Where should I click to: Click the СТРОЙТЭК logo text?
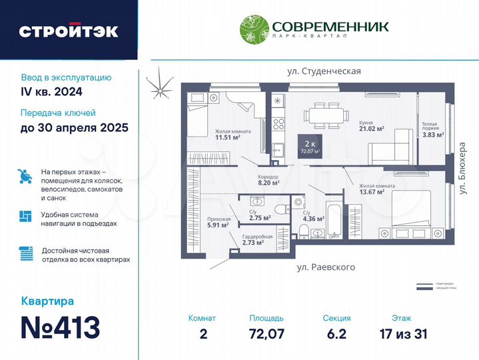(69, 31)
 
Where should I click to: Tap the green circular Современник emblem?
(254, 30)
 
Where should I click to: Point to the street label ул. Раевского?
(326, 267)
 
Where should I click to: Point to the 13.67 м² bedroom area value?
(372, 192)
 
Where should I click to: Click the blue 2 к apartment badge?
(309, 146)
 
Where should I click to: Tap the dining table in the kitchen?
(326, 115)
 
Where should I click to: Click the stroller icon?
(25, 177)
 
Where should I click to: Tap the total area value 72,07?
(266, 333)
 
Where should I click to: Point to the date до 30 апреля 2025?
(74, 128)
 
